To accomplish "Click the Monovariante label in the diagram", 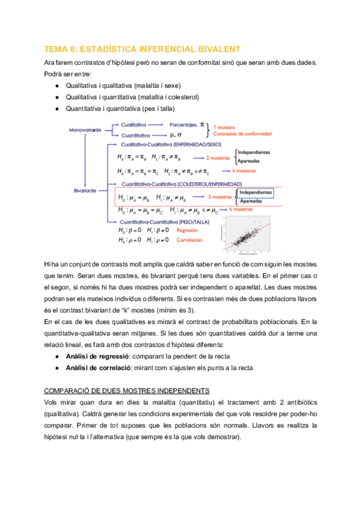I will pos(85,130).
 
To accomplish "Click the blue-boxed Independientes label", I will pos(255,192).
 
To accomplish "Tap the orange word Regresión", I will pos(188,230).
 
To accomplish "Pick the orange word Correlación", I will pos(189,240).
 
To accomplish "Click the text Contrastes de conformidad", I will pos(242,134).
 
